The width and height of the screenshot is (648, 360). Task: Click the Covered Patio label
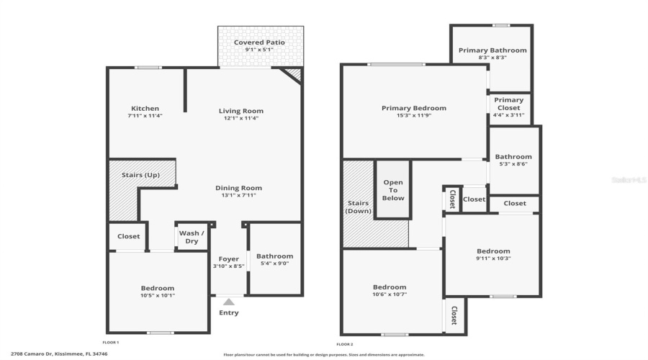pyautogui.click(x=259, y=42)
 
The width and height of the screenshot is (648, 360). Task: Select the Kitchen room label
pyautogui.click(x=145, y=109)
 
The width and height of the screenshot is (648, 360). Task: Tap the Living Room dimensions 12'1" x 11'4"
pyautogui.click(x=241, y=118)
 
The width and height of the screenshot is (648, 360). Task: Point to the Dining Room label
pyautogui.click(x=237, y=188)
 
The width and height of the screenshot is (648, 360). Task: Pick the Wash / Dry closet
pyautogui.click(x=192, y=237)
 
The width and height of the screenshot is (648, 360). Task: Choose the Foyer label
pyautogui.click(x=229, y=258)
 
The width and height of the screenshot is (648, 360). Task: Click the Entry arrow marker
pyautogui.click(x=229, y=302)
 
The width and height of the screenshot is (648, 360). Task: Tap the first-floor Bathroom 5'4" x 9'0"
pyautogui.click(x=274, y=260)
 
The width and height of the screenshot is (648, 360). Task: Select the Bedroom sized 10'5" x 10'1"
pyautogui.click(x=157, y=291)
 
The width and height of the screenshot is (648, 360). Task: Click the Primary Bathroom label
pyautogui.click(x=492, y=50)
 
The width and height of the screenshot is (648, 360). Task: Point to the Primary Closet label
pyautogui.click(x=509, y=104)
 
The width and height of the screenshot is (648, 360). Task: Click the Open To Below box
pyautogui.click(x=393, y=190)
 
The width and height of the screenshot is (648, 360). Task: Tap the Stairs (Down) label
pyautogui.click(x=358, y=207)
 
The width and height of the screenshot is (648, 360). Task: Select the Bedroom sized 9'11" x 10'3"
pyautogui.click(x=492, y=254)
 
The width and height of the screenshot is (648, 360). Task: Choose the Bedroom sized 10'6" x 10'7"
pyautogui.click(x=390, y=289)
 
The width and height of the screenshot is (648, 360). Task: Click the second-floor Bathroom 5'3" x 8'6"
pyautogui.click(x=514, y=160)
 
